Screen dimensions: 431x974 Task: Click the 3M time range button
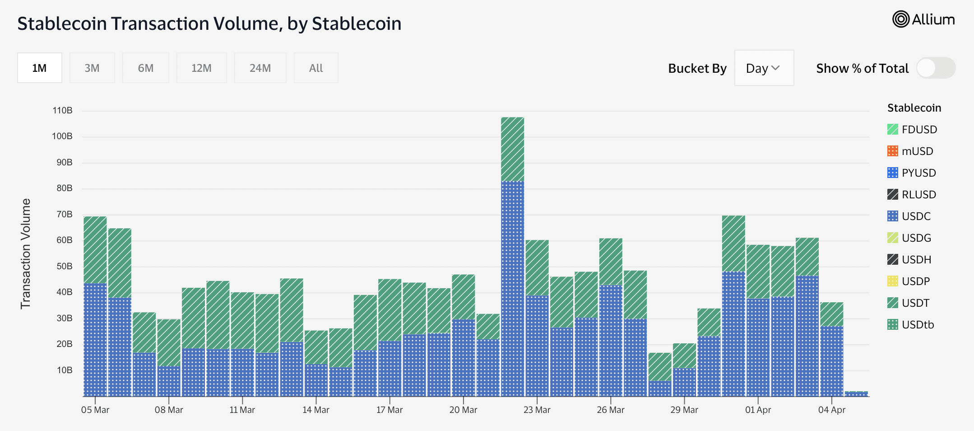tap(92, 68)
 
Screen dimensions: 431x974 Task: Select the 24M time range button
tap(260, 68)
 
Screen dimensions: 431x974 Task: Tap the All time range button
tap(316, 68)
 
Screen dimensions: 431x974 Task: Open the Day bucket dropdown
tap(764, 68)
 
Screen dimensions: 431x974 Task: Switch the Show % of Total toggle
tap(936, 68)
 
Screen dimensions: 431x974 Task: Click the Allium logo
tap(923, 19)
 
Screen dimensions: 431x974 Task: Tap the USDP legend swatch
tap(892, 281)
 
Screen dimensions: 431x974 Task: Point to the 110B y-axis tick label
tap(62, 110)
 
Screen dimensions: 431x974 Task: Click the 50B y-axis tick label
tap(64, 266)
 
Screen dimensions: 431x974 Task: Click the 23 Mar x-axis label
tap(537, 410)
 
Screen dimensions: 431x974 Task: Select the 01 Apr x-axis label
tap(758, 410)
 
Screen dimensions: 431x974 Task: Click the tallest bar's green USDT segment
tap(512, 149)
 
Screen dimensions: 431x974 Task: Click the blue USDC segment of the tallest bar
tap(512, 289)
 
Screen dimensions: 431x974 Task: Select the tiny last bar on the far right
tap(856, 394)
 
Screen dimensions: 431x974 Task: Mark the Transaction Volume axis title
tap(26, 253)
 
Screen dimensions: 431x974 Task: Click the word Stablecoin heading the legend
tap(914, 108)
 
